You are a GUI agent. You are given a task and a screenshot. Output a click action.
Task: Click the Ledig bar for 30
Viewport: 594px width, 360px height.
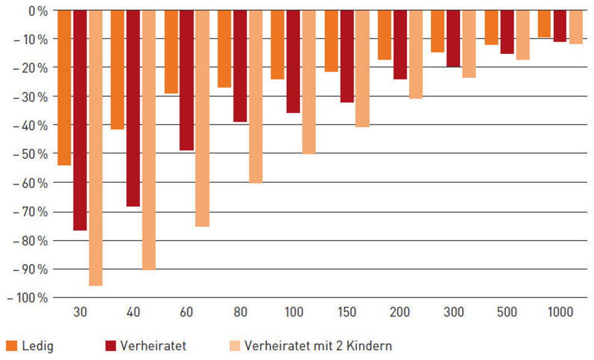click(64, 88)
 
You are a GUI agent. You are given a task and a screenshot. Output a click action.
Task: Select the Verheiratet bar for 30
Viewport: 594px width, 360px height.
click(80, 120)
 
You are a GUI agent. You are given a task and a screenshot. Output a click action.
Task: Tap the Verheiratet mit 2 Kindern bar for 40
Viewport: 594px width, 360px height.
click(148, 140)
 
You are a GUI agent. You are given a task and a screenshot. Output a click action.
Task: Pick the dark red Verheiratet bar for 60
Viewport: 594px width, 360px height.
click(186, 80)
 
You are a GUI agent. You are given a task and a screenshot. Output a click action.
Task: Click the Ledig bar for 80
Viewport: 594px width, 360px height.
click(224, 49)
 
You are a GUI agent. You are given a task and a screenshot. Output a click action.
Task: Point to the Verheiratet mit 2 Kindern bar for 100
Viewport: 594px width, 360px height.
click(308, 82)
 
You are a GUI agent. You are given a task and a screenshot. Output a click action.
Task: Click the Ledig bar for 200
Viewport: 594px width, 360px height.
click(384, 35)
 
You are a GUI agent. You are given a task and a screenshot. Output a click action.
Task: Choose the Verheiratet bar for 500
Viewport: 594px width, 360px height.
click(507, 32)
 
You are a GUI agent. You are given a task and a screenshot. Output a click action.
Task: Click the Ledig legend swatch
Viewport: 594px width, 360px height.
click(10, 345)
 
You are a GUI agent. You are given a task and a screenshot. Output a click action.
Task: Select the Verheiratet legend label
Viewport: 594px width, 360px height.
click(153, 346)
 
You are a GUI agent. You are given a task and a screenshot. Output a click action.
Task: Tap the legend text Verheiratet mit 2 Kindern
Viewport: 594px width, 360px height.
click(318, 346)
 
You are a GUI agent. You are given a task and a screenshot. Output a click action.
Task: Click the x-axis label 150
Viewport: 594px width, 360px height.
click(346, 313)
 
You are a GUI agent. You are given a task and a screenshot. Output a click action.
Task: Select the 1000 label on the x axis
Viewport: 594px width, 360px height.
click(561, 313)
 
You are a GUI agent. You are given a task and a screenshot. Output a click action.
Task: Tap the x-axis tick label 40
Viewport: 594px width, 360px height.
click(133, 313)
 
